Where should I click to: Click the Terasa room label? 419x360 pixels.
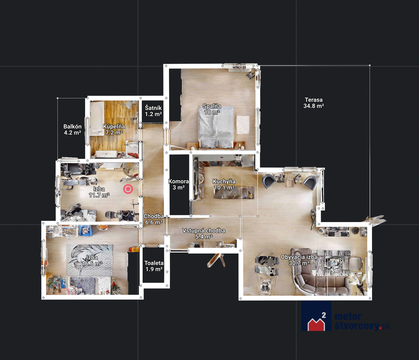click(x=313, y=103)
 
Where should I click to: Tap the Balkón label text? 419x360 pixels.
click(x=72, y=130)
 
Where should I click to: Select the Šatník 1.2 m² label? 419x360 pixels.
click(x=153, y=111)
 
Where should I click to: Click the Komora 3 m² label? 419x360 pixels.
click(x=178, y=184)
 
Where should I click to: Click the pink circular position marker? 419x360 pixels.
click(x=128, y=189)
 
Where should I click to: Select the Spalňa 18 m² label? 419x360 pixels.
click(x=212, y=109)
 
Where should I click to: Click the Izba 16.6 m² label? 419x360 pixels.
click(x=92, y=260)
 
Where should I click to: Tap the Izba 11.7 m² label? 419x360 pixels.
click(x=99, y=192)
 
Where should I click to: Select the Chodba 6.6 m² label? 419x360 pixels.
click(x=154, y=219)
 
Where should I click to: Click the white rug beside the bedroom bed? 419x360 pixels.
click(x=243, y=125)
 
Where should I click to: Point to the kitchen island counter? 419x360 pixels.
click(x=234, y=193)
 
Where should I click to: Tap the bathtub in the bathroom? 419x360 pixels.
click(x=96, y=119)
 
